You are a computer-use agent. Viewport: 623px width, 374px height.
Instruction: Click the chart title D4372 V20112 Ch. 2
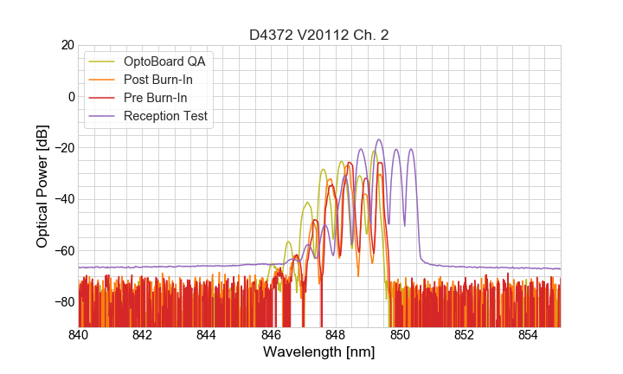coord(318,35)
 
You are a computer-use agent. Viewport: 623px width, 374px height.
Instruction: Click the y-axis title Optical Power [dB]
coord(42,185)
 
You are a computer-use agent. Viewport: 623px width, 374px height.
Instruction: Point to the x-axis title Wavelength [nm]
coord(318,352)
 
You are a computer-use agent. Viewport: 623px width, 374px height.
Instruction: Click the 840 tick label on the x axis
coord(79,334)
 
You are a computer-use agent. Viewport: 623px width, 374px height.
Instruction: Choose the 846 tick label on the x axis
coord(271,334)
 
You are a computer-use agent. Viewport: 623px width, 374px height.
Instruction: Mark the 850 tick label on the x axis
coord(400,334)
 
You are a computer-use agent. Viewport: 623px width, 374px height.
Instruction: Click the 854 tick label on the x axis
coord(528,334)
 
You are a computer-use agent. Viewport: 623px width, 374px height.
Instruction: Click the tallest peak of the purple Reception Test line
coord(379,139)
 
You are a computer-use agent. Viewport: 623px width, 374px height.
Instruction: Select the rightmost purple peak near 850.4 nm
coord(411,150)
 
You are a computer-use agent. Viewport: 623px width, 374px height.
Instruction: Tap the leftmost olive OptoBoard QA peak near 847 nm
coord(307,203)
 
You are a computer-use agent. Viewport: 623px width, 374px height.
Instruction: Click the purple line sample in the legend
coord(103,116)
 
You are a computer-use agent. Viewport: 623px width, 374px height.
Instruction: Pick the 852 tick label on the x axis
coord(464,334)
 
